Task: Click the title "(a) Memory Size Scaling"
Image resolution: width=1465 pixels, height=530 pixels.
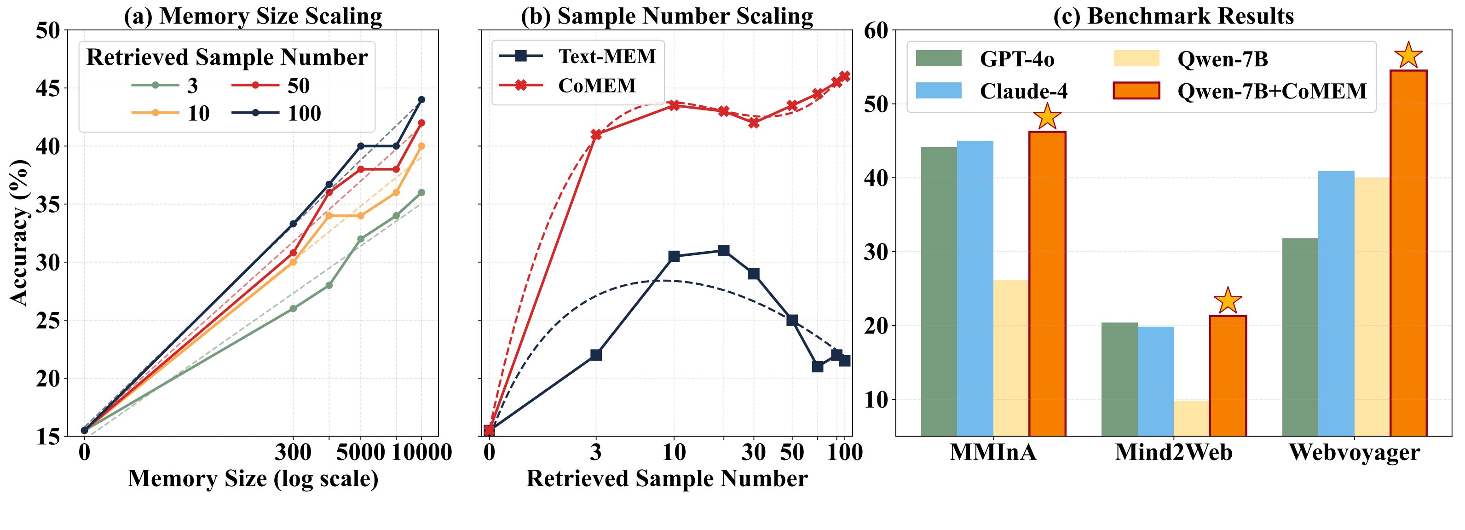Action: pos(253,17)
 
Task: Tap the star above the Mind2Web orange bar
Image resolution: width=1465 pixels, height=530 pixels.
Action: pos(1227,300)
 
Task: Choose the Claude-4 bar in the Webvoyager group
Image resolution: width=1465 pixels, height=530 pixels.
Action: pos(1336,304)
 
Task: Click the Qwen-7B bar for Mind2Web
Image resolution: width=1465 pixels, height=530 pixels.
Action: pos(1191,418)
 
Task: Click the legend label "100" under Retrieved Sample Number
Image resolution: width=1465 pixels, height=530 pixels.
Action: pos(304,114)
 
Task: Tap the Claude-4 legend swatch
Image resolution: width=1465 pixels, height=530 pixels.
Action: pos(938,91)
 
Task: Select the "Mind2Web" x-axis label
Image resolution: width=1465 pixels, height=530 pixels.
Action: pos(1173,453)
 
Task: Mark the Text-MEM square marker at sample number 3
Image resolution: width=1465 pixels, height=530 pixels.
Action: pos(596,355)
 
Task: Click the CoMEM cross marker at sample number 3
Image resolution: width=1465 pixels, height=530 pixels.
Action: pos(596,135)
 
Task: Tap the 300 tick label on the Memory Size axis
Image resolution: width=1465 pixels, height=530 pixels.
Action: pos(293,453)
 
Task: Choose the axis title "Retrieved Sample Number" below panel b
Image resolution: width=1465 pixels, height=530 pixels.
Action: pos(667,479)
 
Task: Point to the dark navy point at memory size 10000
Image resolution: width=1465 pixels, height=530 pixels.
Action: pos(421,99)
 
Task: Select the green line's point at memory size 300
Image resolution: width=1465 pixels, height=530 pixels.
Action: pos(293,309)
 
